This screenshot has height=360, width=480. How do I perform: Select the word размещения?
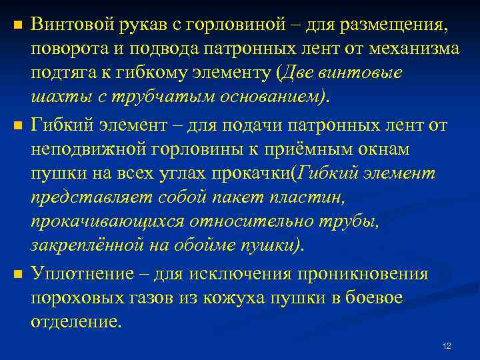[x=397, y=25]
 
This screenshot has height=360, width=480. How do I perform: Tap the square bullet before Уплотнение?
[x=18, y=274]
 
